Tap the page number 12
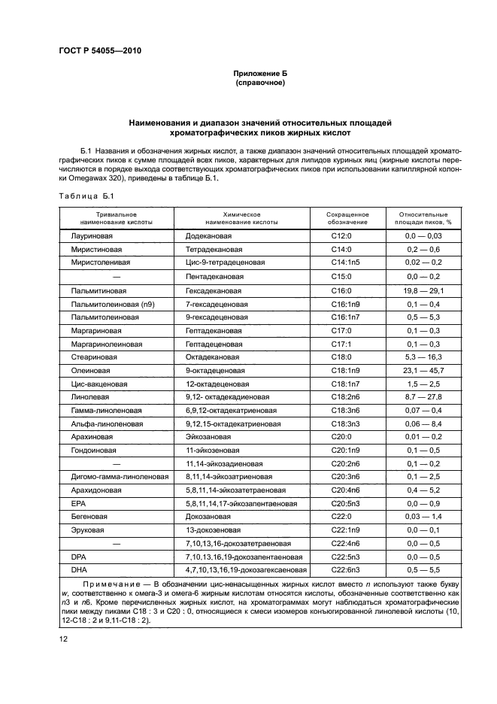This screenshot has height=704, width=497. [64, 639]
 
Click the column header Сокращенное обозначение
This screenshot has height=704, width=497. [347, 218]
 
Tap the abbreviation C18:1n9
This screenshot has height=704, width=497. [346, 371]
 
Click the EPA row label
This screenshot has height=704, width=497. [78, 503]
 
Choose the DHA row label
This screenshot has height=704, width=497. [79, 570]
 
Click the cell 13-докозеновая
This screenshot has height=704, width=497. [213, 530]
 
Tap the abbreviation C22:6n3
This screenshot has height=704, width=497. [346, 570]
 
